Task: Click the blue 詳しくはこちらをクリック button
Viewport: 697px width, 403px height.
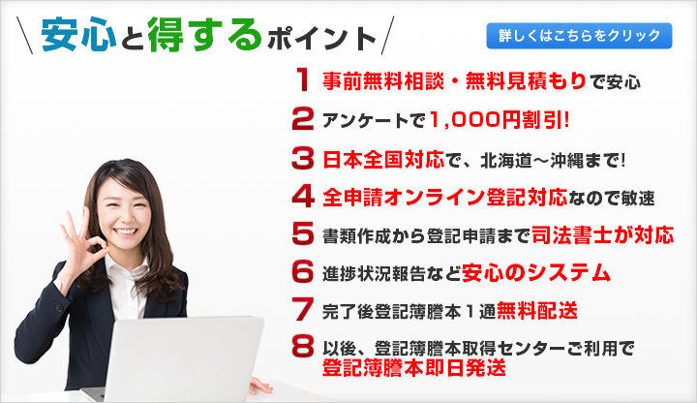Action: (x=579, y=36)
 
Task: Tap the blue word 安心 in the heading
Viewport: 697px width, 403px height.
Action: (x=79, y=35)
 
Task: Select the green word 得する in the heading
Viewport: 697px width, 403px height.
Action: (x=205, y=34)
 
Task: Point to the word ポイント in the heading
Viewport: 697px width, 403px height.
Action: (x=322, y=39)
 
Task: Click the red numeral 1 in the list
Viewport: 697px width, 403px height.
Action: (x=303, y=79)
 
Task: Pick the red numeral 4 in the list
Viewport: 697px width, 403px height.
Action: (x=303, y=196)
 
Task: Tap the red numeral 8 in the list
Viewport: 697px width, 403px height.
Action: (x=303, y=347)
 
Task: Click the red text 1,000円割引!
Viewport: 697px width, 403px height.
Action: (x=500, y=120)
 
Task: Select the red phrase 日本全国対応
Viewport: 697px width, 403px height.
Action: (x=383, y=159)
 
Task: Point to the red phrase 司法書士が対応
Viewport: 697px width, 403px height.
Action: (x=603, y=234)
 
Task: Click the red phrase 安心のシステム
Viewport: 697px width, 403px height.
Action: (x=536, y=272)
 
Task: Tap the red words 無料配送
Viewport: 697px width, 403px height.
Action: (x=537, y=310)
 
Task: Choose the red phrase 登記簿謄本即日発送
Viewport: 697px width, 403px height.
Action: (x=414, y=367)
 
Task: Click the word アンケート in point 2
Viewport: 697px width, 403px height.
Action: (x=365, y=120)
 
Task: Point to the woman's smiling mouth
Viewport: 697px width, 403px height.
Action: (x=126, y=232)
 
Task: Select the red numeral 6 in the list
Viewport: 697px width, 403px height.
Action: (x=303, y=271)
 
